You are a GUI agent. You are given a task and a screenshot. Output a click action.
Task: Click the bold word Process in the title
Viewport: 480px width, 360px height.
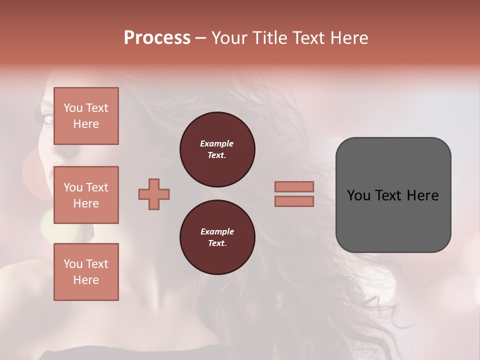[157, 37]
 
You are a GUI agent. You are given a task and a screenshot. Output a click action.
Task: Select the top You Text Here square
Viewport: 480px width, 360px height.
[86, 116]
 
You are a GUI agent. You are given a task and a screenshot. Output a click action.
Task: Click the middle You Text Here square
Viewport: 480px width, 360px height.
[86, 195]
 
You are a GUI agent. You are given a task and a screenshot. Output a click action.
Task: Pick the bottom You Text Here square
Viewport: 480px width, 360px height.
[86, 271]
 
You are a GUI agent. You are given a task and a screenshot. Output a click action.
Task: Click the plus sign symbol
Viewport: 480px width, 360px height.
[154, 194]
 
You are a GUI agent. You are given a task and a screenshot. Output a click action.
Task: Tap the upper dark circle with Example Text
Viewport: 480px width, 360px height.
[217, 149]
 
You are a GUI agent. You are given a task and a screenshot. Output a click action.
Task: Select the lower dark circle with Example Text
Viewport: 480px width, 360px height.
[217, 237]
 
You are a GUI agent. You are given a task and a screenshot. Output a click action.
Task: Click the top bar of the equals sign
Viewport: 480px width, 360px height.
[294, 187]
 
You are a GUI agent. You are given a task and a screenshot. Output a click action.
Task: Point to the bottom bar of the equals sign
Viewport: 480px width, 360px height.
[294, 201]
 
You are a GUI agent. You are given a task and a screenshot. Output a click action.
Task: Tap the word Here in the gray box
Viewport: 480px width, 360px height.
[422, 195]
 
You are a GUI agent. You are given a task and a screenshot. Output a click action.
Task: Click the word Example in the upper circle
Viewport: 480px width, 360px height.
[216, 143]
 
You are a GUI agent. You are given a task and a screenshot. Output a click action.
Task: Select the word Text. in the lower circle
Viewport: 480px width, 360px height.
[217, 243]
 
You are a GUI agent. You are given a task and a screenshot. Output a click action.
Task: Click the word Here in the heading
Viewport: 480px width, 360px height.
[349, 38]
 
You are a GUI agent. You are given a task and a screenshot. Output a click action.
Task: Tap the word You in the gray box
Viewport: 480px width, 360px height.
[358, 195]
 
